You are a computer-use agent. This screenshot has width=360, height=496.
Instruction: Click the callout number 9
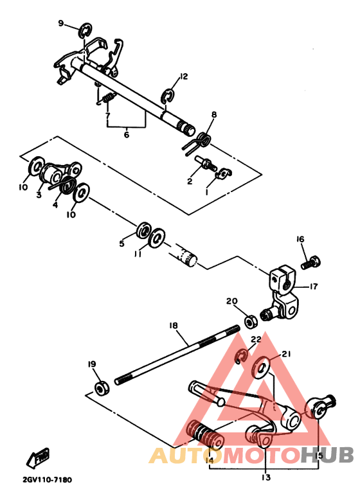click(x=61, y=23)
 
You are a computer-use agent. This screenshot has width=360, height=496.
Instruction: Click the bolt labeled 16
click(x=312, y=262)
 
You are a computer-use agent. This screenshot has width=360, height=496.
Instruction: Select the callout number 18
click(x=173, y=325)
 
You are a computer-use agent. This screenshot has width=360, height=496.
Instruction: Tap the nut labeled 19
click(x=100, y=387)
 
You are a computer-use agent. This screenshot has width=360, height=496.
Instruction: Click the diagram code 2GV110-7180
click(x=46, y=479)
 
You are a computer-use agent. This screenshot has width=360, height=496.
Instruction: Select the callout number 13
click(x=265, y=477)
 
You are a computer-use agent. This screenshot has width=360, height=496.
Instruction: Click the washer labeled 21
click(x=263, y=369)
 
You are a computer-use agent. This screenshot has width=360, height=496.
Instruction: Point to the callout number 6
click(x=127, y=134)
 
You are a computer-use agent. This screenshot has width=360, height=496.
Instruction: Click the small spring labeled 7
click(x=108, y=98)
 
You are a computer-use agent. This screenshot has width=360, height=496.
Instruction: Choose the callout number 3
click(x=39, y=195)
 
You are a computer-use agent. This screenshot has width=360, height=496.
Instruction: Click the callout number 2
click(x=190, y=181)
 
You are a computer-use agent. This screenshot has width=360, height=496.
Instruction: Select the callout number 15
click(x=319, y=456)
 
